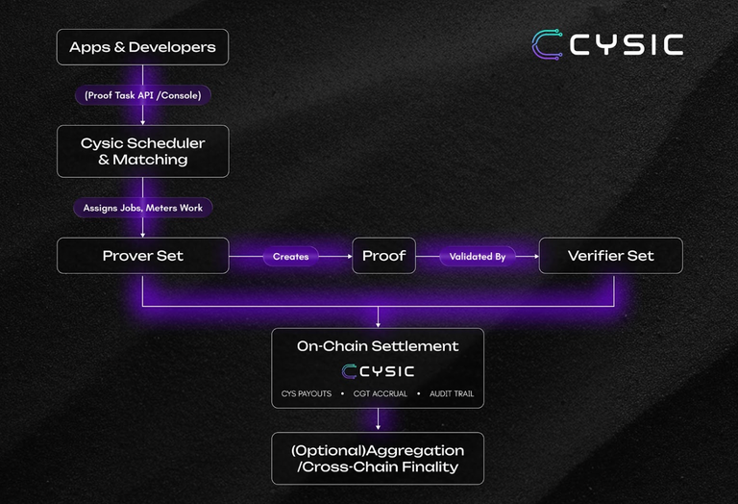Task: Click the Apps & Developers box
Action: [x=142, y=47]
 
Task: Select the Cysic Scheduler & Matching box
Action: [x=142, y=151]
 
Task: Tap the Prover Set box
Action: [x=142, y=256]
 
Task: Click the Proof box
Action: [x=383, y=256]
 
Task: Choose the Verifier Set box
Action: [x=610, y=256]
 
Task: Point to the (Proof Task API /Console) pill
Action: [x=143, y=95]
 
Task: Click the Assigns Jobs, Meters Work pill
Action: [x=142, y=208]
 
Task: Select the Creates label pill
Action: [x=290, y=257]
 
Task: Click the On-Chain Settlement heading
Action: [x=378, y=346]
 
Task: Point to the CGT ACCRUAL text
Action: [x=380, y=393]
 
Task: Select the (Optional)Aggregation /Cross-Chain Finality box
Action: [x=378, y=459]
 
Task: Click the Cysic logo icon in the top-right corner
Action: [x=548, y=44]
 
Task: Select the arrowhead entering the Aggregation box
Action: [x=378, y=427]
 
